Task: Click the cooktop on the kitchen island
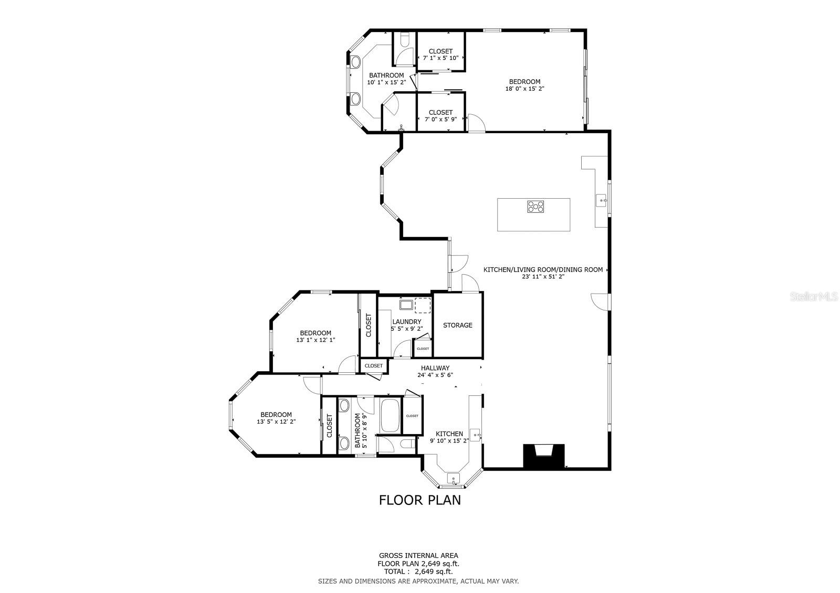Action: [535, 207]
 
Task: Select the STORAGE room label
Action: [457, 325]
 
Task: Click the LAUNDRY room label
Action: [407, 322]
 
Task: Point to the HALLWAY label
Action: [435, 368]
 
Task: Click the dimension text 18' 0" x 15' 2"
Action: [524, 89]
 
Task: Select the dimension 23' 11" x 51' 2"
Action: [543, 276]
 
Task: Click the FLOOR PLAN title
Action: [420, 500]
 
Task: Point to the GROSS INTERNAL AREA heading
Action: [418, 556]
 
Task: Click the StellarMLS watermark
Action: [814, 297]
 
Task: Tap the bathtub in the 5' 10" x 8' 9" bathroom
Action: [391, 415]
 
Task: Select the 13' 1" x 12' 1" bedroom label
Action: [316, 337]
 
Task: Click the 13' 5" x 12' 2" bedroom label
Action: [276, 418]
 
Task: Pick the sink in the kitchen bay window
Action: [454, 479]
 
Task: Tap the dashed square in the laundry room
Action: [423, 305]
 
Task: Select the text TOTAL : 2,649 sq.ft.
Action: [418, 572]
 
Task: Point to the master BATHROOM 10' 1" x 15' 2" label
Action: [386, 79]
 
